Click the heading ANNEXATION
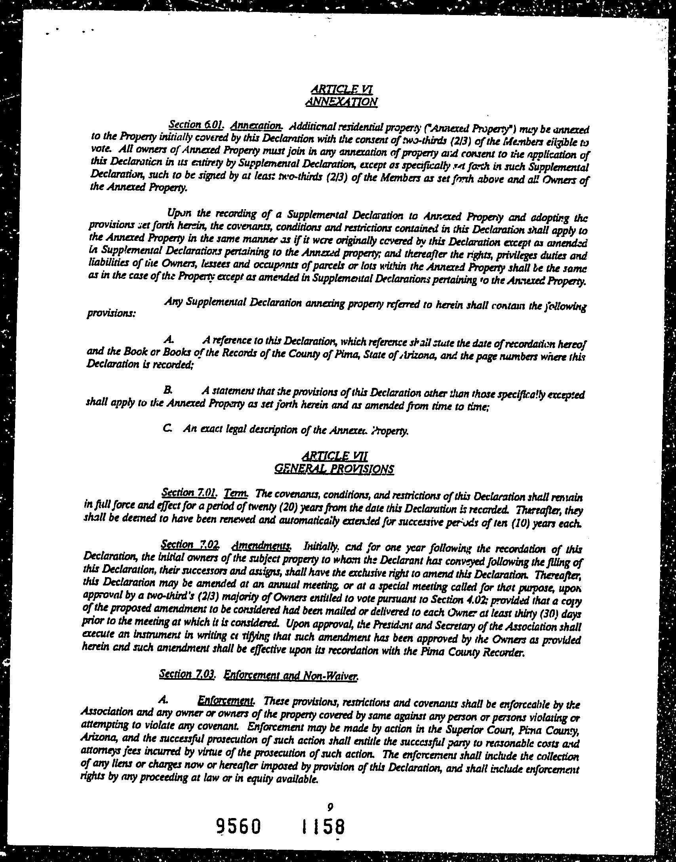341,102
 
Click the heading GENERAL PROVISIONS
334,469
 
